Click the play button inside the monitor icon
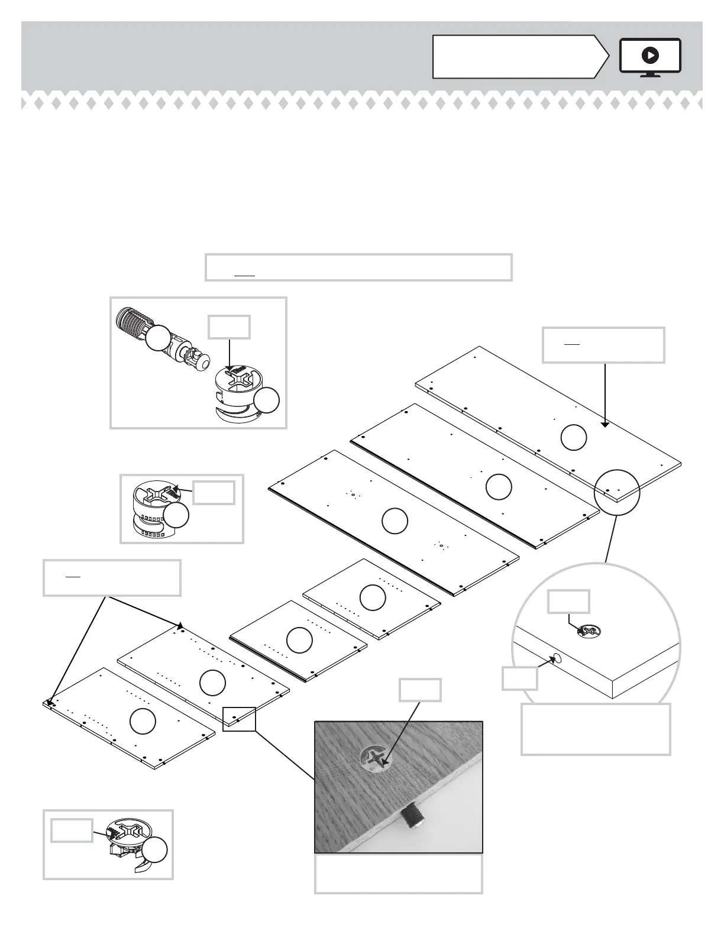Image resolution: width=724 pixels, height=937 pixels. coord(649,56)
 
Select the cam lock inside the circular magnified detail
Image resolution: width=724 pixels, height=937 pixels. coord(588,631)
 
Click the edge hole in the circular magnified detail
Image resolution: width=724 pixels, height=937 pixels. coord(556,658)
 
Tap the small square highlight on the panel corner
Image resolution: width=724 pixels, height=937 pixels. coord(239,719)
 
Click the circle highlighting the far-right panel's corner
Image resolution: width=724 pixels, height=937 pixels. coord(617,493)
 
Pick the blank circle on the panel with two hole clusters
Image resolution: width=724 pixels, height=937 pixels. coord(395,521)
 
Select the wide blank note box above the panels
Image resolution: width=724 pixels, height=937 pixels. coord(358,267)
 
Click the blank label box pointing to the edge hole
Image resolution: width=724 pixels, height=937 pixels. coord(520,678)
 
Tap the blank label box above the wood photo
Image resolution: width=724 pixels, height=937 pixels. coord(420,690)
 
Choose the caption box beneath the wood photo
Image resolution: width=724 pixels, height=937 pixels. coord(398,873)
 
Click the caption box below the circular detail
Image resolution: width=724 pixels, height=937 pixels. coord(596,729)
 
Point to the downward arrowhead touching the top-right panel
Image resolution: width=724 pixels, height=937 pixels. coord(605,424)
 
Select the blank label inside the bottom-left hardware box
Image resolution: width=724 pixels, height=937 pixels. coord(72,830)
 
